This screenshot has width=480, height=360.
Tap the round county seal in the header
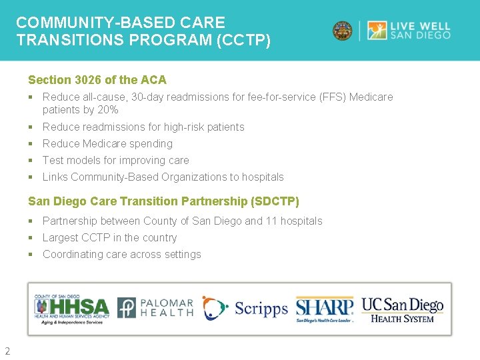click(343, 31)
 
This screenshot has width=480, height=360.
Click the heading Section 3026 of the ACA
click(97, 80)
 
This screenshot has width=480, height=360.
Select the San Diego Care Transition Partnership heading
click(163, 201)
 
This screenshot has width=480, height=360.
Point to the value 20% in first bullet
click(107, 110)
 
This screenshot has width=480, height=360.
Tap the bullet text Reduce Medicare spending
click(107, 143)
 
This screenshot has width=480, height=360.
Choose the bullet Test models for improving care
click(115, 160)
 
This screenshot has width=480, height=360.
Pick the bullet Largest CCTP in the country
click(109, 237)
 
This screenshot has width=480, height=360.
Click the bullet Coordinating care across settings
click(121, 254)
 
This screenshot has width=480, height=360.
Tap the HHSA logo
click(72, 307)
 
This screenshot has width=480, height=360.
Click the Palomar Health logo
click(156, 307)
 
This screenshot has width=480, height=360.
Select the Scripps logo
click(245, 308)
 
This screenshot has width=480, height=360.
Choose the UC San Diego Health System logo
click(402, 309)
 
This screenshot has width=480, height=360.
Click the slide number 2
click(7, 351)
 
